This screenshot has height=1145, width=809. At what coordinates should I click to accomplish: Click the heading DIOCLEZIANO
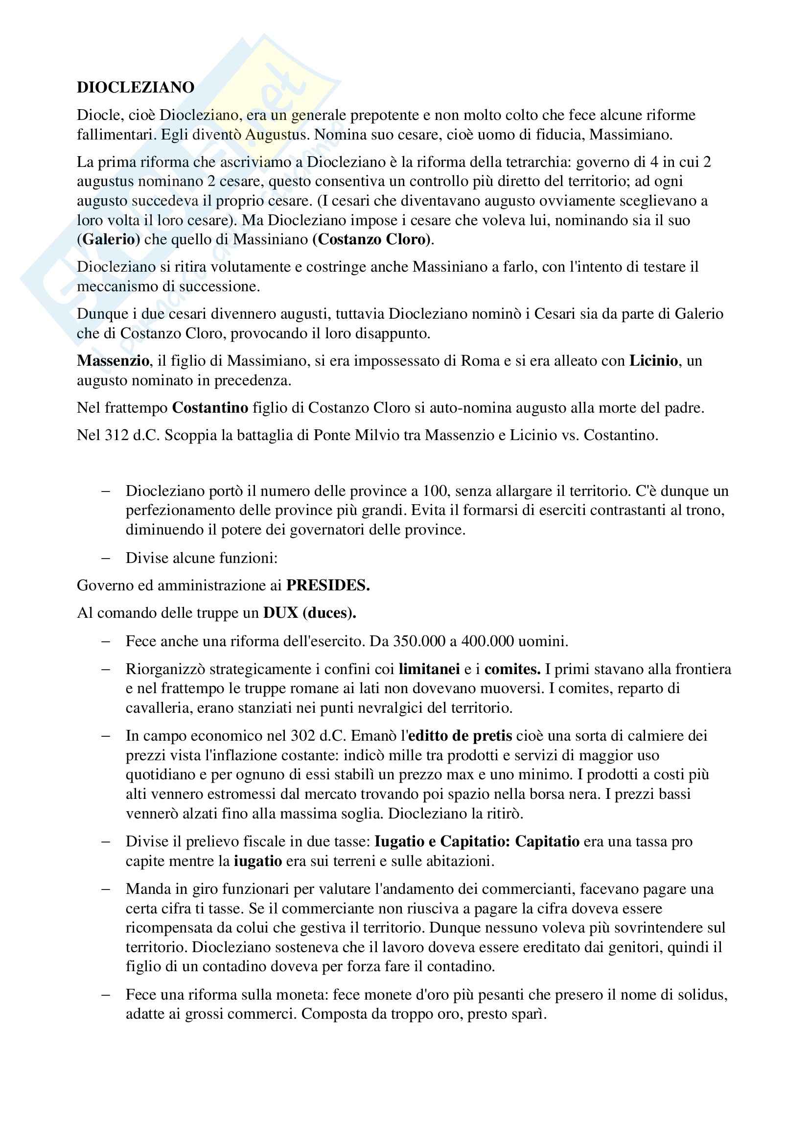(x=136, y=87)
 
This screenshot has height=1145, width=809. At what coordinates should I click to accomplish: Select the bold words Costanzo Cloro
(x=372, y=239)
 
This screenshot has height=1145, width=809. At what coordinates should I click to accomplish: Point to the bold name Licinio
(x=653, y=361)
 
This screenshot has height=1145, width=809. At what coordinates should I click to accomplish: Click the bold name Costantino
(x=210, y=408)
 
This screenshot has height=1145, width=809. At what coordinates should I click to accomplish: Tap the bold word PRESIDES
(x=327, y=585)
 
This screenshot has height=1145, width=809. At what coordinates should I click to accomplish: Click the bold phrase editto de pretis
(x=460, y=736)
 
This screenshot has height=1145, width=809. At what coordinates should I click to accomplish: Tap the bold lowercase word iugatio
(x=258, y=861)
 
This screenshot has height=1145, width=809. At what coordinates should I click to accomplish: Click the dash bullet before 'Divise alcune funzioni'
(x=106, y=558)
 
